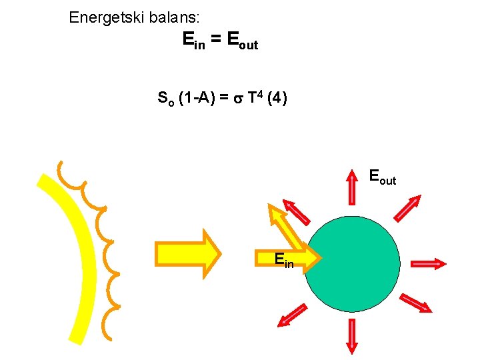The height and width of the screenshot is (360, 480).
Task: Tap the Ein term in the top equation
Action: click(x=194, y=41)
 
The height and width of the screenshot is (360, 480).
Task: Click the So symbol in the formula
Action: click(x=165, y=99)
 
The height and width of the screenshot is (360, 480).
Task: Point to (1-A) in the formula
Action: click(x=197, y=99)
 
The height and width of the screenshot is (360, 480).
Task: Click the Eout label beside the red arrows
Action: click(x=383, y=177)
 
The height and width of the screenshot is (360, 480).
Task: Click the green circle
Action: click(x=352, y=263)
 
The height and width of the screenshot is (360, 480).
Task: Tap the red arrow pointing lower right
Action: click(x=415, y=303)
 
